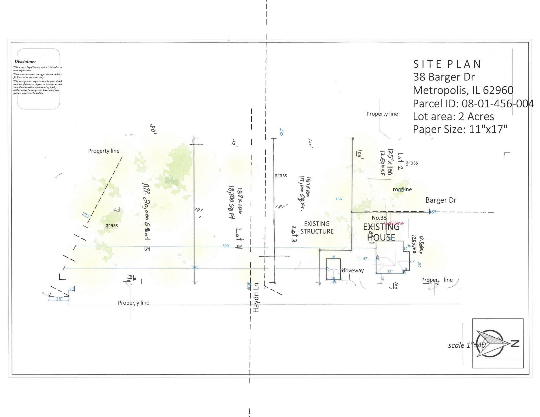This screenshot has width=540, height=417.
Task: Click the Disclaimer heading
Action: click(x=25, y=62)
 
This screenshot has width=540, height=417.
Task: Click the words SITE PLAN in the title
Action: click(x=447, y=64)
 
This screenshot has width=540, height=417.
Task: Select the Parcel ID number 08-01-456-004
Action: click(x=498, y=104)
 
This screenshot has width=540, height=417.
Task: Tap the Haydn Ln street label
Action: click(x=256, y=298)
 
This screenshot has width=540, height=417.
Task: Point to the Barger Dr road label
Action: click(x=441, y=200)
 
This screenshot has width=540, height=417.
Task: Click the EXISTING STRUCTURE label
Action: click(x=317, y=228)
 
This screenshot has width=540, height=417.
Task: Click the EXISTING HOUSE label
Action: click(x=381, y=232)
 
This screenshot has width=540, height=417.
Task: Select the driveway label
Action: click(x=353, y=270)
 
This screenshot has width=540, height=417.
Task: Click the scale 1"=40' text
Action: click(x=467, y=345)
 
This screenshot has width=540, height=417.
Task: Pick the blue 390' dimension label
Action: click(x=226, y=246)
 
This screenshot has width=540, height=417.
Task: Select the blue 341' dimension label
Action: click(x=195, y=267)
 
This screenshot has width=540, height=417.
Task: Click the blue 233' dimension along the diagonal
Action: click(x=86, y=215)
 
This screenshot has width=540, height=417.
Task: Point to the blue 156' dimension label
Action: click(x=339, y=199)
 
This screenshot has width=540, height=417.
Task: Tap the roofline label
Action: click(x=402, y=189)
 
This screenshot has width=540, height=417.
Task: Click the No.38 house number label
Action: click(x=379, y=218)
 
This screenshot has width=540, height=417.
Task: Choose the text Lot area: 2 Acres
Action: click(x=453, y=117)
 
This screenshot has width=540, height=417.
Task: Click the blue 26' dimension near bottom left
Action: click(x=59, y=299)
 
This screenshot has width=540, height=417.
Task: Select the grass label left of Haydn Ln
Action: click(x=112, y=225)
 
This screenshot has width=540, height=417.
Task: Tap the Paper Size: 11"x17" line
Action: click(x=460, y=129)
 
